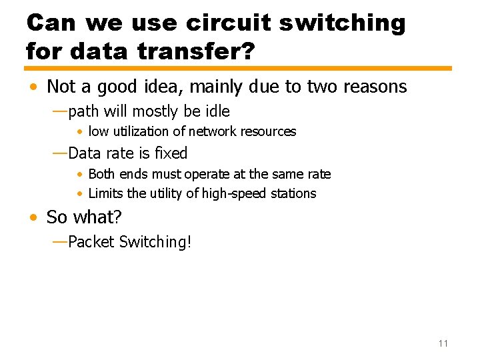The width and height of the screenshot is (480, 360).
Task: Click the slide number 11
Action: (x=443, y=343)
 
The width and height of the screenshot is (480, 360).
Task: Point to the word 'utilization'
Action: (x=148, y=132)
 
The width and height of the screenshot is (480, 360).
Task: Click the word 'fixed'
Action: (x=171, y=153)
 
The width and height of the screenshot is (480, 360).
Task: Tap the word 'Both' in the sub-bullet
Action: (x=101, y=174)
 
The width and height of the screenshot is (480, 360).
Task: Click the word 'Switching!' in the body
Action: (x=155, y=242)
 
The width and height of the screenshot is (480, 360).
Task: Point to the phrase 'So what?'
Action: (x=84, y=217)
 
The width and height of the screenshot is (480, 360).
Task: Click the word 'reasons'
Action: (x=375, y=87)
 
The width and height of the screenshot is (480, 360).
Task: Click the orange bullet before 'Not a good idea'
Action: (x=33, y=87)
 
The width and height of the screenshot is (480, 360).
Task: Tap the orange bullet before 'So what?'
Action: (x=33, y=218)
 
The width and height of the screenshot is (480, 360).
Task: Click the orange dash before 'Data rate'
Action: (x=59, y=153)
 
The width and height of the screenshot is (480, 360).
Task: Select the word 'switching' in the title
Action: (x=342, y=23)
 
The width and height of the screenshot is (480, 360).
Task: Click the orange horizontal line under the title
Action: (x=238, y=68)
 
